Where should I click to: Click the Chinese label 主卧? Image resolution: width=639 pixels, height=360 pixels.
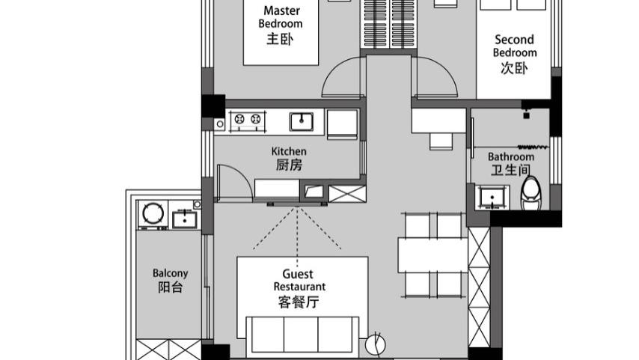tap(280, 39)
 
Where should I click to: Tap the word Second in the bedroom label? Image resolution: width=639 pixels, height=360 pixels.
tap(514, 40)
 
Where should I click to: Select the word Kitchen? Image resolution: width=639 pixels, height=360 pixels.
tap(289, 151)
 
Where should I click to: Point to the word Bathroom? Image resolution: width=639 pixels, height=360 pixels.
tap(510, 156)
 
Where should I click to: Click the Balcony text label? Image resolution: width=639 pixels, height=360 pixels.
tap(171, 273)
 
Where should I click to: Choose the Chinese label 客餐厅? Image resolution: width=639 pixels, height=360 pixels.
tap(299, 302)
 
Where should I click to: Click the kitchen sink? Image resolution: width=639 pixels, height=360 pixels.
tap(302, 121)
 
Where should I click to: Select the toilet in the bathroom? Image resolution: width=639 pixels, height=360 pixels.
tap(531, 192)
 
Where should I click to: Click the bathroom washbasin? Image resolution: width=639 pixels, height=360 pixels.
tap(492, 198)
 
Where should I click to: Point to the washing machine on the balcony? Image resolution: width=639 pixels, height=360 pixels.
tap(153, 214)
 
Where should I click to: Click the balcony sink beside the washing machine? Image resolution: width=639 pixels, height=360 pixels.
tap(185, 219)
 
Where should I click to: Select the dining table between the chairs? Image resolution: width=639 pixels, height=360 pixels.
tap(432, 255)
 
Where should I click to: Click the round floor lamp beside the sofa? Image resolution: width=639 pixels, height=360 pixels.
tap(376, 345)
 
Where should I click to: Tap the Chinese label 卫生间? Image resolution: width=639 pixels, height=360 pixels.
tap(510, 170)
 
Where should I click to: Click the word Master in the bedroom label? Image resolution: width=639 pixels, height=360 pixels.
tap(281, 10)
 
